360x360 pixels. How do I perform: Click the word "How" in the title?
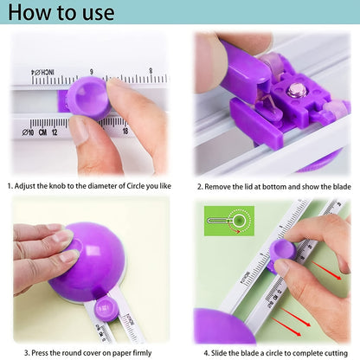32,13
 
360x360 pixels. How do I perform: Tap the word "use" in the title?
96,14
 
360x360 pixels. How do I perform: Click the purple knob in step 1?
90,97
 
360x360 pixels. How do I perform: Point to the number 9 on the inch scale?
91,72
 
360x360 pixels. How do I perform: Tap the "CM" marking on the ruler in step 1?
41,132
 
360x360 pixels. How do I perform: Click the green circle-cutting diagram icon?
228,220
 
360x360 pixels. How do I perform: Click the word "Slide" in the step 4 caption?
222,351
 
